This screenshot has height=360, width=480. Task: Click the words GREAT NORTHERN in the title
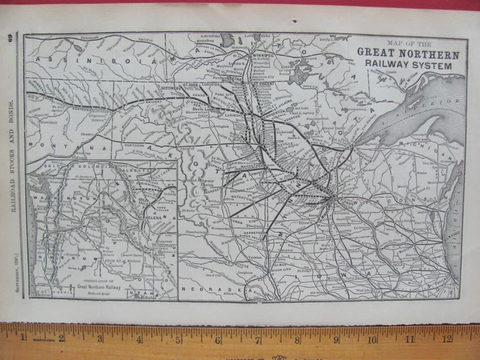(408, 52)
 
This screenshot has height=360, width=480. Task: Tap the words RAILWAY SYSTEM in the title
(408, 64)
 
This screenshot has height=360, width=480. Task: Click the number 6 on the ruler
(218, 339)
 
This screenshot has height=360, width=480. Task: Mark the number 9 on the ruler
(335, 340)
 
